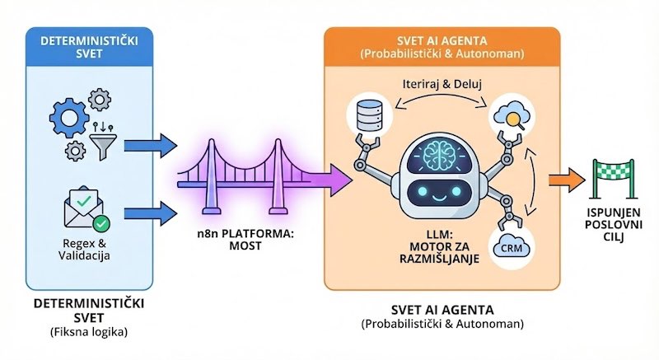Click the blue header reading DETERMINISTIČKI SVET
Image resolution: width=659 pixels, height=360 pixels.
90,47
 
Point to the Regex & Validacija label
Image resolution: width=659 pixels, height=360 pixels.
89,249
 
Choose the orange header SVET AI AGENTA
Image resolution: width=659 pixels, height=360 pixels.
442,46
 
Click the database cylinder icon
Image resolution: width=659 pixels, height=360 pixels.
362,116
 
